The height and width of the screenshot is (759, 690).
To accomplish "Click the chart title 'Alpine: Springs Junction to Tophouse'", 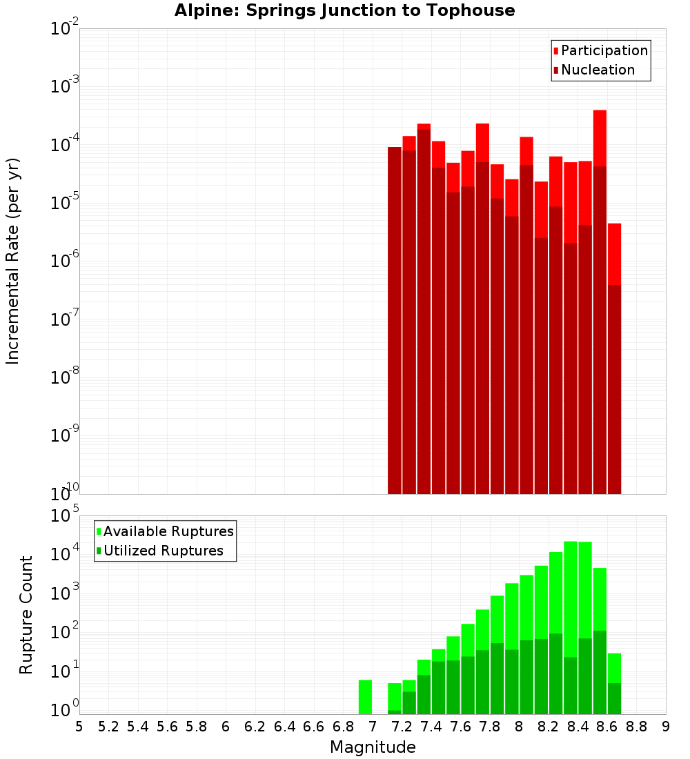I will pyautogui.click(x=344, y=10).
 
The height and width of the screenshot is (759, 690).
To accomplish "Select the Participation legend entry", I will pyautogui.click(x=600, y=50).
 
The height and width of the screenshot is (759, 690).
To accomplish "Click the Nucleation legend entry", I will pyautogui.click(x=593, y=70).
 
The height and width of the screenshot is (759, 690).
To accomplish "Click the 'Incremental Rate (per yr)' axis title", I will pyautogui.click(x=13, y=261).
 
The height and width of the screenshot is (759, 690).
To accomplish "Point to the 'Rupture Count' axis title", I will pyautogui.click(x=26, y=615).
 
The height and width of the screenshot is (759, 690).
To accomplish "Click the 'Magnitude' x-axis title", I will pyautogui.click(x=373, y=747).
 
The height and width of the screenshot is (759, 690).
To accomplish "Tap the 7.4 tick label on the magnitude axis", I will pyautogui.click(x=431, y=727).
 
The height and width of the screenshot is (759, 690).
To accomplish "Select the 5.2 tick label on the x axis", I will pyautogui.click(x=108, y=727).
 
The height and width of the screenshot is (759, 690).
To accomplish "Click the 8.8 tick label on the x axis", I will pyautogui.click(x=636, y=727).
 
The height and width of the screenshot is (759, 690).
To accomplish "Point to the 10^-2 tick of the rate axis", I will pyautogui.click(x=65, y=29).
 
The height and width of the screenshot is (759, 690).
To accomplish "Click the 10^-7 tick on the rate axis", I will pyautogui.click(x=65, y=319).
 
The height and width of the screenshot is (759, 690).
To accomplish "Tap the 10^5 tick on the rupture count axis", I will pyautogui.click(x=65, y=515).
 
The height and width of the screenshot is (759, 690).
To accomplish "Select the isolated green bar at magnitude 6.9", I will pyautogui.click(x=365, y=697).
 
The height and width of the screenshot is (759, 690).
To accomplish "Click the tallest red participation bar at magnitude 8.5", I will pyautogui.click(x=600, y=138).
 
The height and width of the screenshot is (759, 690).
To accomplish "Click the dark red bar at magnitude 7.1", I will pyautogui.click(x=394, y=317).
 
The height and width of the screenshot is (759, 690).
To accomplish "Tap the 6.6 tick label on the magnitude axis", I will pyautogui.click(x=313, y=727).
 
